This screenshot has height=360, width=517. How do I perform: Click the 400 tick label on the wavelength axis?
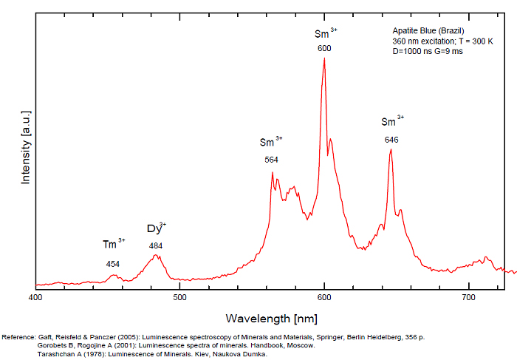pos(35,297)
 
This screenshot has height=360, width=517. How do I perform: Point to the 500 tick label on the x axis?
pos(179,297)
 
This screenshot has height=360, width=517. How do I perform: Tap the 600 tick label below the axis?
pos(324,297)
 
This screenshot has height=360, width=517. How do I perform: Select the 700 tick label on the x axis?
pos(468,297)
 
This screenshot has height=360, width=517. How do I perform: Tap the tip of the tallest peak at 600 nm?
pos(324,58)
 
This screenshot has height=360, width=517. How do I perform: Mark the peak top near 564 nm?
pos(273,173)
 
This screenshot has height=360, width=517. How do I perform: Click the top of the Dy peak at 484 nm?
pos(156,255)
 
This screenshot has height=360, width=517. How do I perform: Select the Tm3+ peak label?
pos(113,245)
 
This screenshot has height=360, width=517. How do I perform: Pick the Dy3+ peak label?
pos(156,228)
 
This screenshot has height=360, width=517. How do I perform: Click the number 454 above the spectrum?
pos(113,264)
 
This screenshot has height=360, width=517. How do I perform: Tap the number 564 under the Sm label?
pos(271,160)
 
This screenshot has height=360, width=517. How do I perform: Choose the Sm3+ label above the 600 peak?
pos(325,33)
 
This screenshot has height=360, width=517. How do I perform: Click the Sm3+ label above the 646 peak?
pos(391,121)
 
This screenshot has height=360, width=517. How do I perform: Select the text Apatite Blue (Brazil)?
pos(428,30)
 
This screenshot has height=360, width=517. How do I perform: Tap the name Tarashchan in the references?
pos(56,354)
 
